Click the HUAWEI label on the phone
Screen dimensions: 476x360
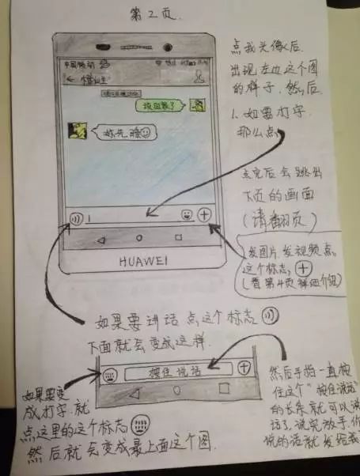139,260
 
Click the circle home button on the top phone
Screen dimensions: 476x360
139,237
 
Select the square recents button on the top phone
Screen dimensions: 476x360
179,237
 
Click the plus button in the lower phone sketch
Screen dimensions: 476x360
244,367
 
